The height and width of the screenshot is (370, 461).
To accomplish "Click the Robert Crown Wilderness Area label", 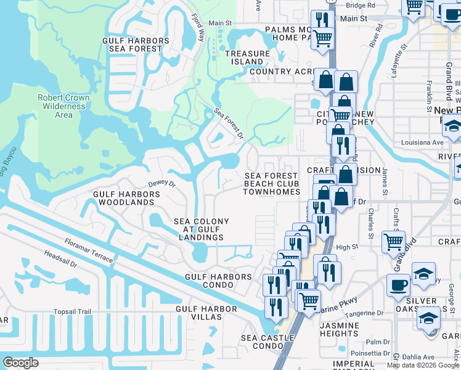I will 63,106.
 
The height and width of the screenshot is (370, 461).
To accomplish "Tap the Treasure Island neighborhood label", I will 247,58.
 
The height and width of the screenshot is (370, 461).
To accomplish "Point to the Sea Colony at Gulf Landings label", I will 201,229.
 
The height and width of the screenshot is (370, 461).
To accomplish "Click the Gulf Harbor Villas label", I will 206,313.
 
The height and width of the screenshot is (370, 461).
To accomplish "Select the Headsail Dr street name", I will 60,258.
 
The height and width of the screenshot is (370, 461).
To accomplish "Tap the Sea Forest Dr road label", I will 229,123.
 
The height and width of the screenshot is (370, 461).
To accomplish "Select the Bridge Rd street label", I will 361,5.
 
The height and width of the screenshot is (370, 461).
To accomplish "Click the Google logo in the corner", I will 20,363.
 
